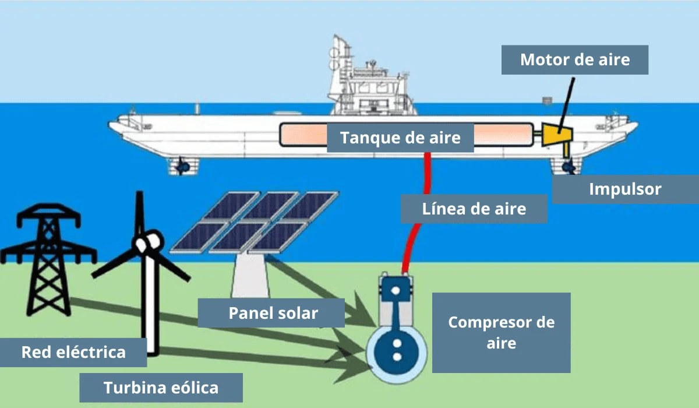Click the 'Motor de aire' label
click(x=575, y=59)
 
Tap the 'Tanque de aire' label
click(x=400, y=138)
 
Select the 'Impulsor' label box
click(x=624, y=189)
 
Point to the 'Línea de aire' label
click(x=474, y=209)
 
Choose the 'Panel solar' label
click(x=273, y=313)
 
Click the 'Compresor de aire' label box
click(x=501, y=332)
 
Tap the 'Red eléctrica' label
click(x=73, y=352)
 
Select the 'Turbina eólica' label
click(x=160, y=388)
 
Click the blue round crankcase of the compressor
click(x=397, y=350)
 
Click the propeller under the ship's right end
click(x=568, y=168)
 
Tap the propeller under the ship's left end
click(x=183, y=167)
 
